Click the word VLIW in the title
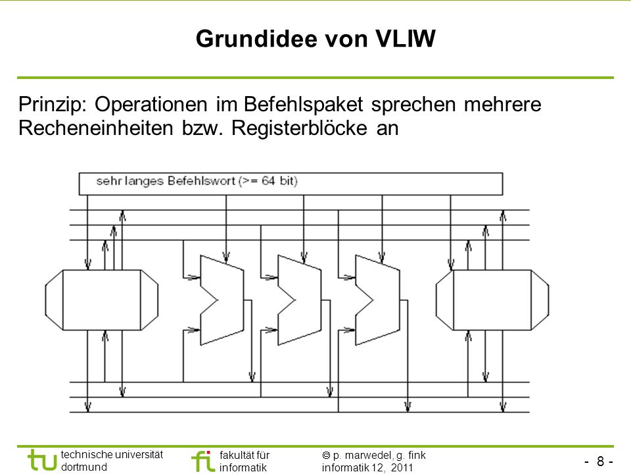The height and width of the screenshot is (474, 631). point(406,39)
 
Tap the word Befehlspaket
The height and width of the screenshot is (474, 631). point(304,105)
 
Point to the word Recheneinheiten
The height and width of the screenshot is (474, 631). point(96,128)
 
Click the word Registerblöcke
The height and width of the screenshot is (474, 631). point(299,128)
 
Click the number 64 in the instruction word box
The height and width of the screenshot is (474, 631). point(268,180)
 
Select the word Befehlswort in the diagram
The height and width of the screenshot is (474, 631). point(201,180)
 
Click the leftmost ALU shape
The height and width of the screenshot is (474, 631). point(222,300)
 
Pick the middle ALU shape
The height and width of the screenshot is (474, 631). point(300,300)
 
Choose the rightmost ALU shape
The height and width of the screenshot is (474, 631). point(377,300)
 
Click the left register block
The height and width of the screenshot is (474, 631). point(102,300)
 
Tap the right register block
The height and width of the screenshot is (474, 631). point(492,300)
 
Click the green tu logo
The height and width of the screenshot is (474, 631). point(42,460)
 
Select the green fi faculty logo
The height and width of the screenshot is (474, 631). point(202,461)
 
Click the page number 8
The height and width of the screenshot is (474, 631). point(600,461)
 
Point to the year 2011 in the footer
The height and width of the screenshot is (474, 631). point(402,467)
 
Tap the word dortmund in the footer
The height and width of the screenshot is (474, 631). point(84,467)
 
